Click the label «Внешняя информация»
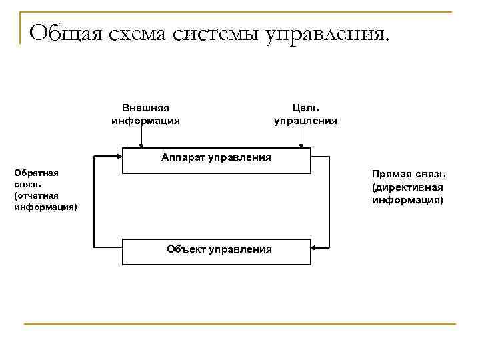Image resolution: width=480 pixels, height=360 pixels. coord(145,114)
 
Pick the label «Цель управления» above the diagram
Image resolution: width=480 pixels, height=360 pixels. coord(305,114)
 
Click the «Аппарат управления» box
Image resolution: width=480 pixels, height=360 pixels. coord(217,159)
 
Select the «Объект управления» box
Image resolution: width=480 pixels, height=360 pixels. coord(217,251)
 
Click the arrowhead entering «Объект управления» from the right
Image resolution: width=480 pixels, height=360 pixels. coord(315,249)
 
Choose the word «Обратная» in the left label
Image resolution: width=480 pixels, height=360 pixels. coord(36,173)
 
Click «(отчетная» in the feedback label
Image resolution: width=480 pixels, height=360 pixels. coord(36,195)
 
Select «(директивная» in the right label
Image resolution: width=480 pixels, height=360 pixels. coord(407,187)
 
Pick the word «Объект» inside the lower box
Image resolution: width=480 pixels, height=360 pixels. coord(186,249)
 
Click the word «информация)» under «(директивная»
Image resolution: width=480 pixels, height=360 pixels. coord(407,199)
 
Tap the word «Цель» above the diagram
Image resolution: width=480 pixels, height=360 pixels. coord(306,108)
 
